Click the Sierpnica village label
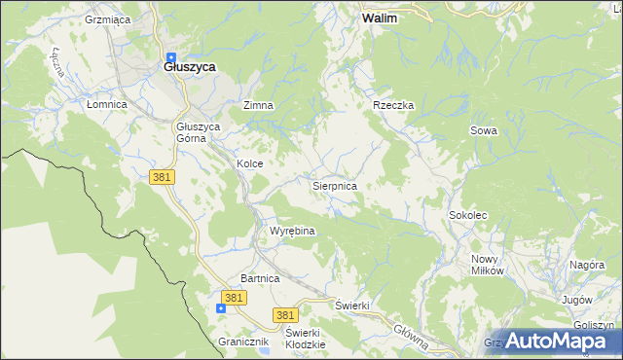334,185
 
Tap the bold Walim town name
379,18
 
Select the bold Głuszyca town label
189,67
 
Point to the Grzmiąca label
108,19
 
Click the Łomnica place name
107,104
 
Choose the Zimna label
258,105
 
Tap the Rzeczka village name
393,105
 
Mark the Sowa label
484,130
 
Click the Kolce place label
250,164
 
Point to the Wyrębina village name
291,232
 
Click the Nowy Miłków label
487,265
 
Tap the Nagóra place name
587,265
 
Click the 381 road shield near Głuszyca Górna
162,176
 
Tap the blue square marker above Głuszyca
171,55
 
